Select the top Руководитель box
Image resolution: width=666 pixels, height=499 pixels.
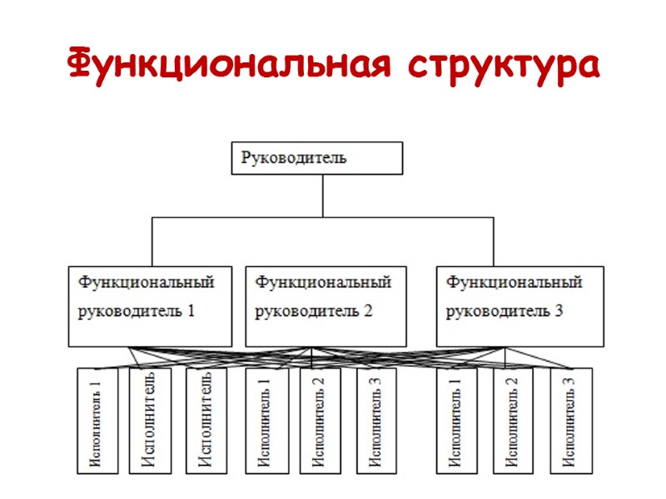(316, 157)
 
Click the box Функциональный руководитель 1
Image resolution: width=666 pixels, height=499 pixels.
(151, 305)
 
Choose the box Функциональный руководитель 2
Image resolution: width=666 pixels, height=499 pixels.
(325, 305)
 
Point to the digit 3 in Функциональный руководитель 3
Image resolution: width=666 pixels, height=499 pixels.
(559, 313)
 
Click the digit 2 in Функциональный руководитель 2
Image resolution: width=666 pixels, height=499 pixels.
(367, 313)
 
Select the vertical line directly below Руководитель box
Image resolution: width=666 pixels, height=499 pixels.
(322, 195)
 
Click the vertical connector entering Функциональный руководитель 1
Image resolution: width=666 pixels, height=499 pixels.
(152, 241)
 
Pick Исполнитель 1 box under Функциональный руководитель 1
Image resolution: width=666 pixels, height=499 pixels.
(97, 420)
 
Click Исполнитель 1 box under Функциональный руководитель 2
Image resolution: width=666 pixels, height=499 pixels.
(266, 420)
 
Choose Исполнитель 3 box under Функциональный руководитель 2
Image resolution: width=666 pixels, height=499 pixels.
(376, 420)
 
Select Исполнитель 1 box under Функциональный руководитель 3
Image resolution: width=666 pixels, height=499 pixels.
(457, 420)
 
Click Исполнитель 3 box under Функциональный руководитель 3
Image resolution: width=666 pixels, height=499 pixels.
(571, 420)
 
